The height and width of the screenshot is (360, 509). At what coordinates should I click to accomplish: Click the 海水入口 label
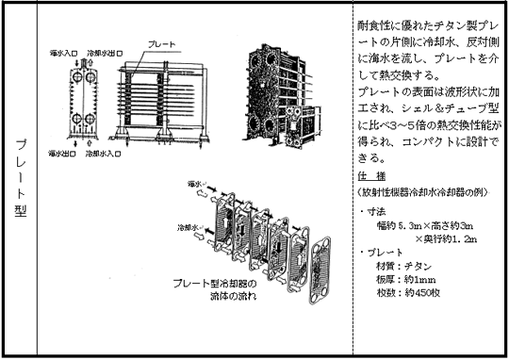(64, 53)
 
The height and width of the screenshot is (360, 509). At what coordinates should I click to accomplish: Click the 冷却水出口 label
(105, 53)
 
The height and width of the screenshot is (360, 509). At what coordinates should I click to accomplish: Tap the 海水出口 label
(62, 154)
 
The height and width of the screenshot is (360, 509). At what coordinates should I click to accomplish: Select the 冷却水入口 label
(104, 154)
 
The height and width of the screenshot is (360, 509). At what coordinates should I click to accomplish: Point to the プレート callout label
(162, 44)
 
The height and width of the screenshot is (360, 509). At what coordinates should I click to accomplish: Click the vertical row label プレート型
(21, 178)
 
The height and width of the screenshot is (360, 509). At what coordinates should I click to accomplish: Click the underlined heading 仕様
(371, 176)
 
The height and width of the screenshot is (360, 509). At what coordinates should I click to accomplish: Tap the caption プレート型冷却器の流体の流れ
(215, 289)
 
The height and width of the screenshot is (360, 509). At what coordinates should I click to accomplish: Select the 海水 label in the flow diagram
(195, 184)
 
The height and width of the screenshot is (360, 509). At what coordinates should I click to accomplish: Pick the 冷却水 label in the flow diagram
(188, 227)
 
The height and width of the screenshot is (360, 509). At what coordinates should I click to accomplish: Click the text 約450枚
(422, 293)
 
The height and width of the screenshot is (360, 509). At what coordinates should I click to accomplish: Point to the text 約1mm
(420, 280)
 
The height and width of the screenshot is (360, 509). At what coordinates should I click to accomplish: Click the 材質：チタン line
(404, 266)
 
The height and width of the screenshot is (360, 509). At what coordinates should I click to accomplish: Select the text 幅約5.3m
(400, 225)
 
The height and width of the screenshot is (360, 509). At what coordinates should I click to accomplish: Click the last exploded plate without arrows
(320, 270)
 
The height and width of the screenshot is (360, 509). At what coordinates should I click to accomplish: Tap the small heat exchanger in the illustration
(303, 126)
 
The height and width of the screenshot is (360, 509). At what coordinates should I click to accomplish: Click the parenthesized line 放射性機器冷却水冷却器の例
(422, 192)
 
